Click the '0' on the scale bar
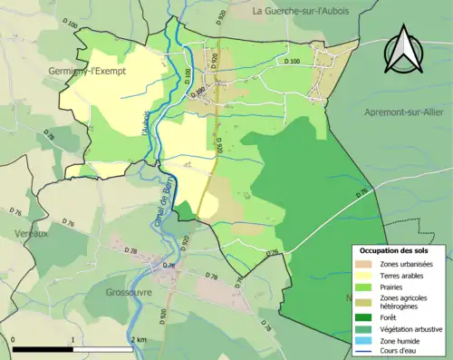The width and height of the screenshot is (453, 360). (x=14, y=339)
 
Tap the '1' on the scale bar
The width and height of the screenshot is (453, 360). (x=73, y=339)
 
